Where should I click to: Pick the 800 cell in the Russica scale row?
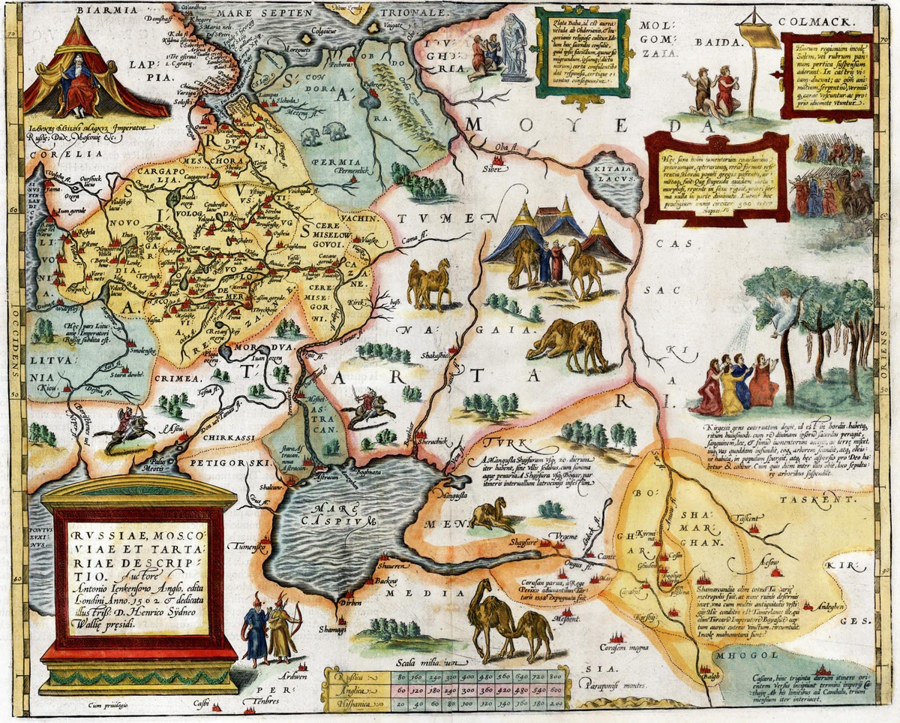click(x=556, y=676)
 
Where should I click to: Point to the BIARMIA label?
click(x=73, y=11)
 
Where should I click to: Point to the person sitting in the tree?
click(x=783, y=309)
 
